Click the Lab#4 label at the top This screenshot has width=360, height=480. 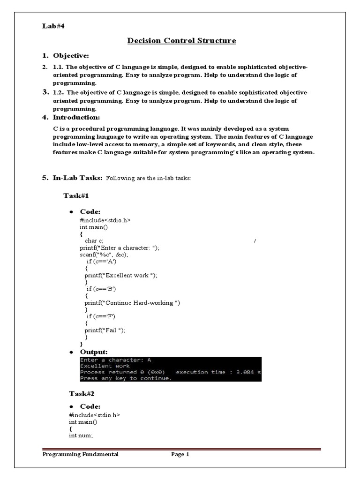53,26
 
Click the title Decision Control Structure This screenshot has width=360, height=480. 182,41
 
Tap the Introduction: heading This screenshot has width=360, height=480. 76,117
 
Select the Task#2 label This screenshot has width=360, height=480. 76,393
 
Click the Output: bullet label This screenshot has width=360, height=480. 94,352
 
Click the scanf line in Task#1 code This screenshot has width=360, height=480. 104,255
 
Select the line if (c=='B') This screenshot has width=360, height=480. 101,289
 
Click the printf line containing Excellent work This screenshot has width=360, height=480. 118,276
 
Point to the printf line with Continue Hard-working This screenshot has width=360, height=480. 129,303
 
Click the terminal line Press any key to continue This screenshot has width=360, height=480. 126,378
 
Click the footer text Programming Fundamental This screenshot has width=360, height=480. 81,454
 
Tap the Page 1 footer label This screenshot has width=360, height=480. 180,454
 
